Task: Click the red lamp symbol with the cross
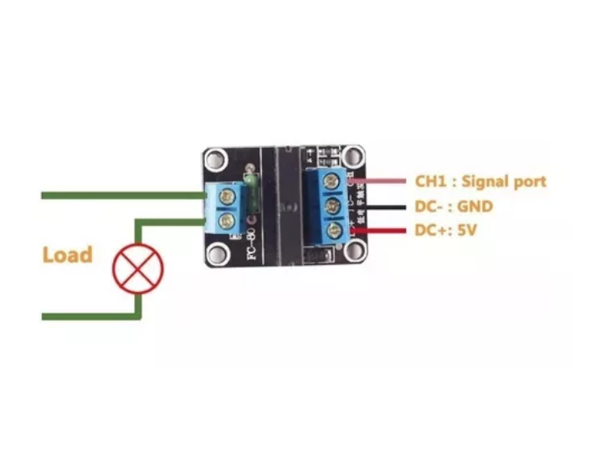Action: click(x=139, y=268)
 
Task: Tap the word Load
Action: click(x=67, y=254)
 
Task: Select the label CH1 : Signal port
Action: click(x=480, y=181)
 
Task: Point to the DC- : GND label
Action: click(x=454, y=206)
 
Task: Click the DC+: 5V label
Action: click(x=445, y=230)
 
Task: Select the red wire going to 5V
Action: click(x=381, y=230)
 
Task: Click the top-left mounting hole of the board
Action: click(x=217, y=157)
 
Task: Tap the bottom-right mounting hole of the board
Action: click(x=357, y=248)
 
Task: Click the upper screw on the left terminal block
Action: click(x=226, y=197)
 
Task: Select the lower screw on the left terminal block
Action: click(x=226, y=222)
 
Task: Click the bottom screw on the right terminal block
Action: click(x=335, y=229)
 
